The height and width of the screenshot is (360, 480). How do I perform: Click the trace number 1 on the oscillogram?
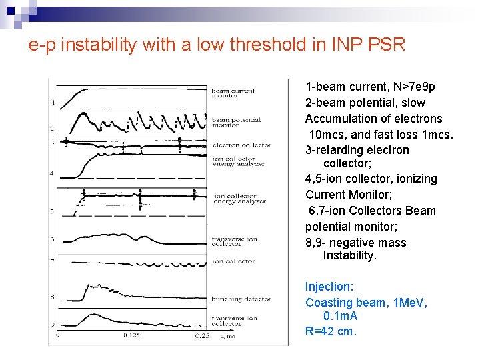[53, 102]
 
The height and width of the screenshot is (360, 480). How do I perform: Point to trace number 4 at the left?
[53, 173]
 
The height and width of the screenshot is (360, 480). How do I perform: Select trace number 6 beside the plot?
[53, 239]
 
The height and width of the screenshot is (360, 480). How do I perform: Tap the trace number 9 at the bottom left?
[53, 325]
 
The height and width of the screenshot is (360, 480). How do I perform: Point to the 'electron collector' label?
[242, 145]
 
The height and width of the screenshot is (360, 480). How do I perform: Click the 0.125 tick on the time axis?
[131, 336]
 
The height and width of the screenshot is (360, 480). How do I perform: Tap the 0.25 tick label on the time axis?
[202, 336]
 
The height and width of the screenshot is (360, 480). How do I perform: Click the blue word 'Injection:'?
[329, 287]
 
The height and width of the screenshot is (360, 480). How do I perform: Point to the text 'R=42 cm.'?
[331, 331]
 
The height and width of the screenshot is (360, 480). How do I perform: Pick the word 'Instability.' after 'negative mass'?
[350, 255]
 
